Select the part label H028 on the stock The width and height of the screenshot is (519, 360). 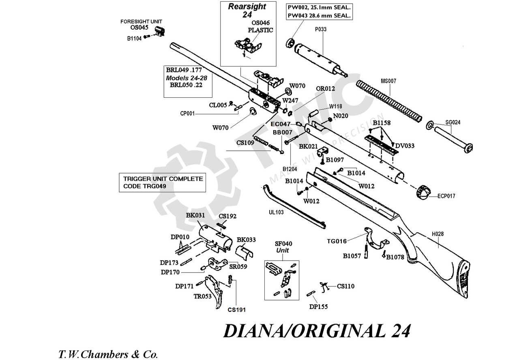pyautogui.click(x=438, y=234)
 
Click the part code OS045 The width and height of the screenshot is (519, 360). pyautogui.click(x=139, y=28)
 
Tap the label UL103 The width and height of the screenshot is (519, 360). pyautogui.click(x=276, y=212)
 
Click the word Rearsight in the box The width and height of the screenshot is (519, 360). pyautogui.click(x=247, y=6)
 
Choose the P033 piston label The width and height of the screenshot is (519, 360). pyautogui.click(x=321, y=29)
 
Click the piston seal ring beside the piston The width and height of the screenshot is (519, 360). pyautogui.click(x=290, y=43)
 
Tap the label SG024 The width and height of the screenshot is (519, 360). pyautogui.click(x=453, y=122)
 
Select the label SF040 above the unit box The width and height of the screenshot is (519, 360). pyautogui.click(x=283, y=244)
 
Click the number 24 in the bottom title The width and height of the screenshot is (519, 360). pyautogui.click(x=401, y=331)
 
